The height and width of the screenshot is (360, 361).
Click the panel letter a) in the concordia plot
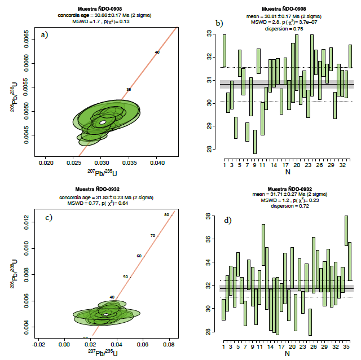(x=44, y=35)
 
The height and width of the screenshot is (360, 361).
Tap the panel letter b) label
(x=220, y=23)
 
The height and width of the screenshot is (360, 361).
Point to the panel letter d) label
(x=228, y=219)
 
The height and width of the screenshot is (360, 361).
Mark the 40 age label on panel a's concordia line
(x=157, y=52)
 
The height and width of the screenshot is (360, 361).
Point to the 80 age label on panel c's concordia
(x=166, y=215)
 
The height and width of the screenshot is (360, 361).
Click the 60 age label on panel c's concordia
(x=139, y=256)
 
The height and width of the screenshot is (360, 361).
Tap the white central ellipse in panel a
(x=103, y=122)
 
